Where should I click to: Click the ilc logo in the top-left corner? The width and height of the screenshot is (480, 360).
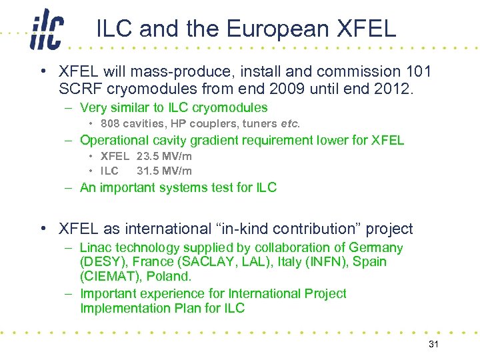tap(46, 29)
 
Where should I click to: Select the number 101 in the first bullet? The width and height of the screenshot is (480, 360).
tap(417, 71)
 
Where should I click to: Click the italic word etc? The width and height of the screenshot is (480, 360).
tap(291, 123)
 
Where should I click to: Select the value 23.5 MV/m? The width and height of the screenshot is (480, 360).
tap(164, 156)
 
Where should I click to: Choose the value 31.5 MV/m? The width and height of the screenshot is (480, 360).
tap(164, 171)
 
